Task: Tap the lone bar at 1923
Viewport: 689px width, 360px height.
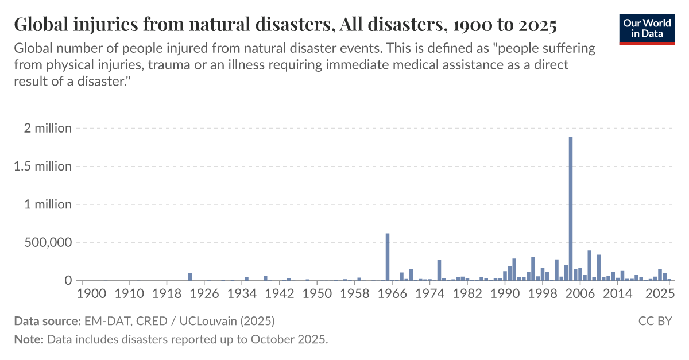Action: tap(190, 277)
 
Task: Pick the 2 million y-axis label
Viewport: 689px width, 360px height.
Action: tap(48, 128)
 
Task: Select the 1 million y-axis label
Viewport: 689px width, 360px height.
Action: tap(48, 204)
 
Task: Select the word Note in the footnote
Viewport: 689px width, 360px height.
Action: tap(28, 339)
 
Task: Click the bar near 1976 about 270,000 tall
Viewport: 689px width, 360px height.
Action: tap(439, 270)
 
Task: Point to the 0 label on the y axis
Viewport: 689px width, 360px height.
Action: tap(68, 281)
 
